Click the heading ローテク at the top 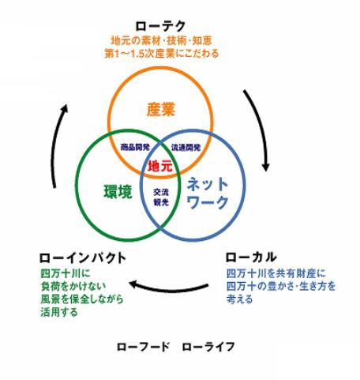click(160, 26)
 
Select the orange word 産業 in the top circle click(161, 110)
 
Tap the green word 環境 click(118, 191)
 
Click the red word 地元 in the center click(160, 167)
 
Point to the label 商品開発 click(135, 147)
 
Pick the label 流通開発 click(186, 148)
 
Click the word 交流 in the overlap click(161, 192)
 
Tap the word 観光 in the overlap click(161, 202)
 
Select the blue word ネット click(208, 184)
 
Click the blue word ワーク click(208, 202)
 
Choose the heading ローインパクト click(83, 258)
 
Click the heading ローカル click(251, 258)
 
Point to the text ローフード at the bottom click(143, 347)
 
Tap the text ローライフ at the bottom click(208, 347)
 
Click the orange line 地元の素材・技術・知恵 click(161, 41)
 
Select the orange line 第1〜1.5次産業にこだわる click(162, 54)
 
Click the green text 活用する click(59, 313)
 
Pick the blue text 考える click(239, 299)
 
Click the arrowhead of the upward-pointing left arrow click(64, 108)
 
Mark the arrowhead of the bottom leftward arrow click(133, 284)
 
